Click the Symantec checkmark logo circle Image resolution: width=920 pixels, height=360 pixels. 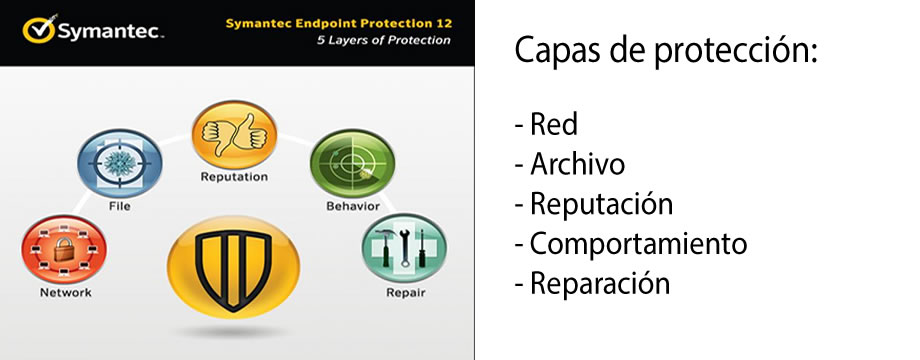coord(39,31)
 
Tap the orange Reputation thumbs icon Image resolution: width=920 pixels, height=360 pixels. coord(233,136)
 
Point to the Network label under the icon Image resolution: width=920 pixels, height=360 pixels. coord(65,293)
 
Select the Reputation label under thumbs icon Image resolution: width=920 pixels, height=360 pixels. coord(233,177)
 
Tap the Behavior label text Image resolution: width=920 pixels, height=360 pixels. coord(352,206)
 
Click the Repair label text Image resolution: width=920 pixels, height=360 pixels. coord(404,293)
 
